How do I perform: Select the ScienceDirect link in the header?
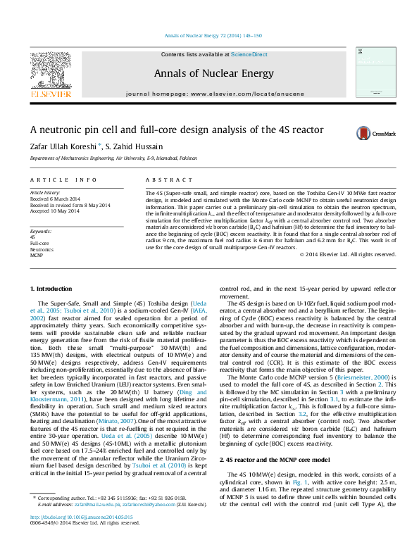pos(249,54)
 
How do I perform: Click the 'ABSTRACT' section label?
pos(163,180)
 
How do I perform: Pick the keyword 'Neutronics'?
pos(42,249)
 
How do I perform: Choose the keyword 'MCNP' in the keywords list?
pos(37,255)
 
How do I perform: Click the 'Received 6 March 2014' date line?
pos(56,199)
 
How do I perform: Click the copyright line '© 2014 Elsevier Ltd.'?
pos(347,254)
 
